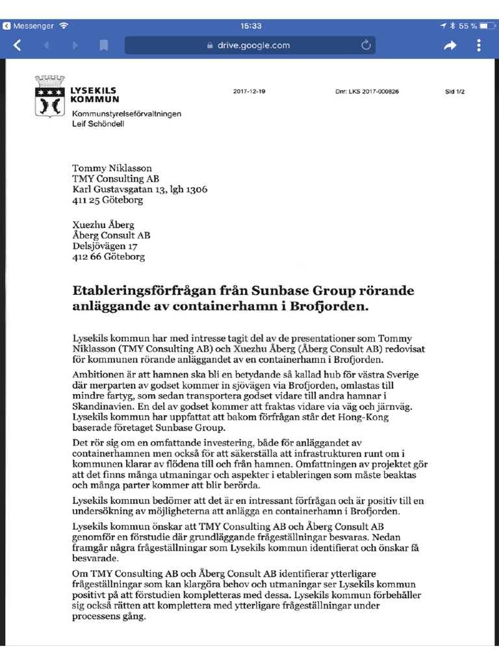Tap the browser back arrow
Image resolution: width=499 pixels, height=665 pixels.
[x=18, y=45]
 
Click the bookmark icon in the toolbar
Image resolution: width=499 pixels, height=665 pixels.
[x=103, y=45]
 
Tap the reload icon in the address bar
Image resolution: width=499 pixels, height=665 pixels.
[x=366, y=45]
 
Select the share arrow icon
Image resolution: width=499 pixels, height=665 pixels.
[x=450, y=45]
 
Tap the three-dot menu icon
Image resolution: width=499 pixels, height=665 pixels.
[x=479, y=45]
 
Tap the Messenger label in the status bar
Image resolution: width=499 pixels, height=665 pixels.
[x=33, y=25]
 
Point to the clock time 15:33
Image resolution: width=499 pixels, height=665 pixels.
[x=251, y=25]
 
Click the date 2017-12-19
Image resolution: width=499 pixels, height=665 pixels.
[x=249, y=92]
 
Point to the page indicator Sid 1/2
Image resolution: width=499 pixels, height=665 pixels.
[x=454, y=92]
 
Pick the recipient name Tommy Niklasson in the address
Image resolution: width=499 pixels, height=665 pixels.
[x=112, y=168]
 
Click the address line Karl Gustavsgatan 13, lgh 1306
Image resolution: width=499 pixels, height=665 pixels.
[x=139, y=190]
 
